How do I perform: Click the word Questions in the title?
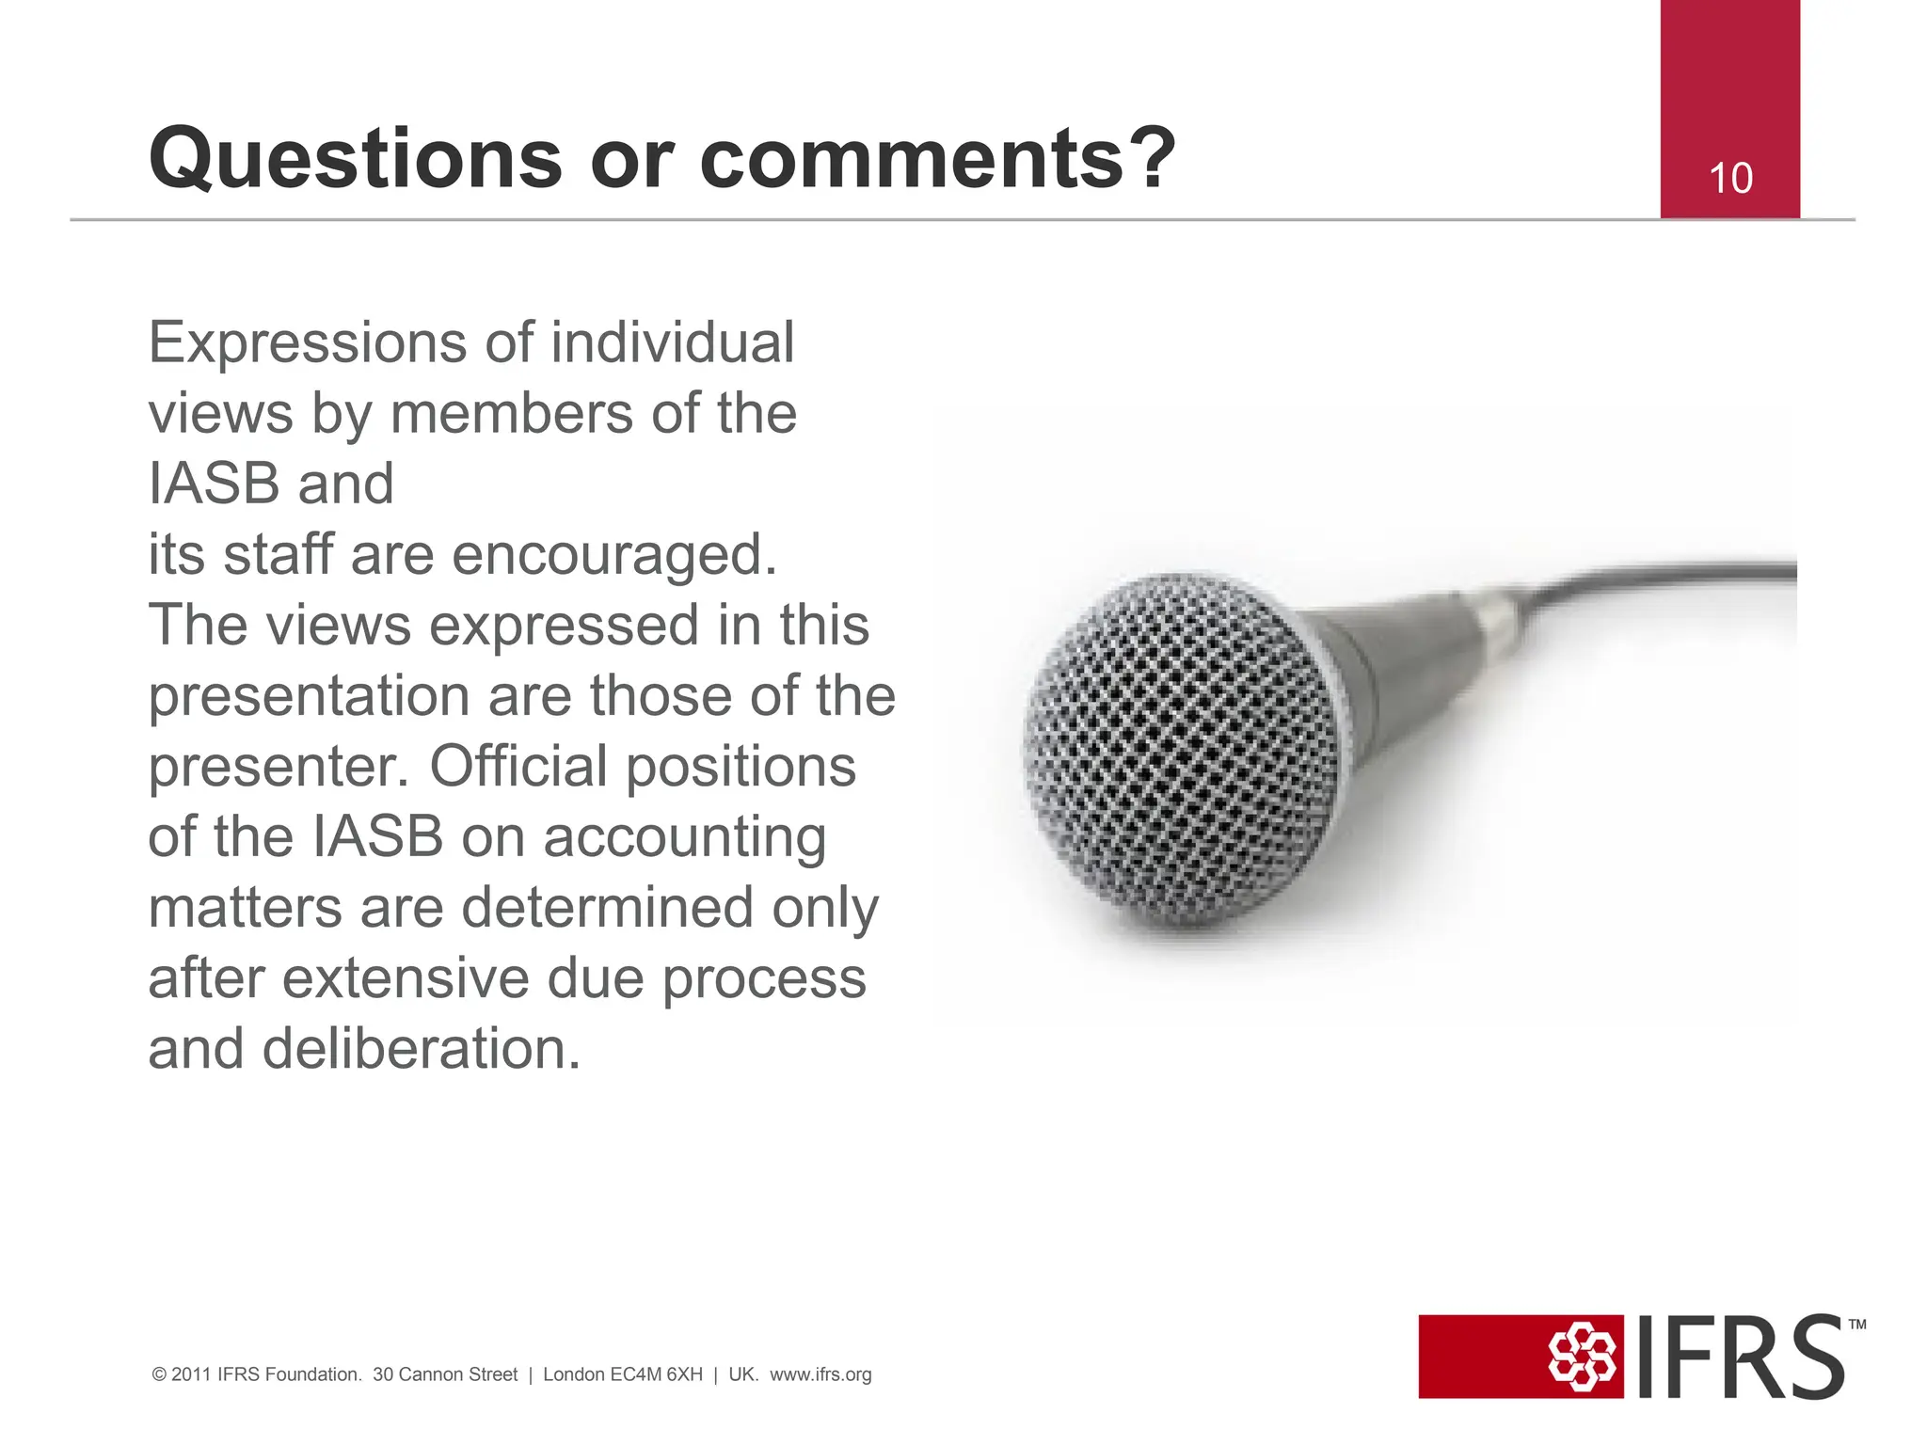tap(356, 160)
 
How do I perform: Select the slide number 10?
tap(1729, 179)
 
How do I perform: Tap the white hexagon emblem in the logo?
tap(1581, 1357)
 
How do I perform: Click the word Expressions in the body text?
tap(307, 343)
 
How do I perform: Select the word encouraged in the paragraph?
tap(613, 555)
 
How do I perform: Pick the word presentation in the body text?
tap(309, 697)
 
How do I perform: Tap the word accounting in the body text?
tap(684, 838)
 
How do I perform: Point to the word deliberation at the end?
tap(421, 1049)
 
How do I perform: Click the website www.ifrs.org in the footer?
tap(820, 1374)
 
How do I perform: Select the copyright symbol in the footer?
tap(159, 1375)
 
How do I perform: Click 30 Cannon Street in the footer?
tap(445, 1374)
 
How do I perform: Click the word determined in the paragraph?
tap(607, 908)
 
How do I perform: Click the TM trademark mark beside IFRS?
tap(1856, 1325)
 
